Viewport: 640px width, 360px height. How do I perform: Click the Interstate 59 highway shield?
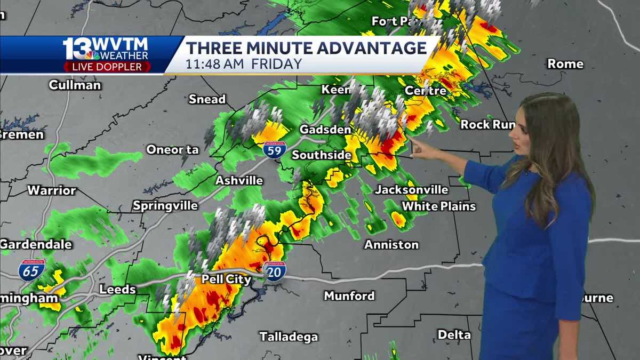click(274, 150)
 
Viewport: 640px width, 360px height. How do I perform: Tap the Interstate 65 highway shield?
click(32, 270)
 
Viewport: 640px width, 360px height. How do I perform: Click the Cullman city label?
click(75, 85)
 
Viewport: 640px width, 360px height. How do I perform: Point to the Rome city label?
click(565, 64)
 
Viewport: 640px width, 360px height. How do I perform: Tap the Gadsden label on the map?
click(325, 130)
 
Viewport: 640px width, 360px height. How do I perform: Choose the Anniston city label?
click(391, 245)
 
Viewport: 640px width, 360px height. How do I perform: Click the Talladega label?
click(289, 337)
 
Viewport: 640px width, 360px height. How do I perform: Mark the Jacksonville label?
click(411, 190)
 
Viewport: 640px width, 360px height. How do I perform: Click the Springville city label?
click(165, 205)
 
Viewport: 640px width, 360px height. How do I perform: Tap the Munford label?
click(349, 295)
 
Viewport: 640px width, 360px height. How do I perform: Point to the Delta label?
click(454, 335)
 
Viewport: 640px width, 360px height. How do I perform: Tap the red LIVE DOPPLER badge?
click(107, 67)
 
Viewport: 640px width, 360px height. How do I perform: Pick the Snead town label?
click(207, 99)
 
